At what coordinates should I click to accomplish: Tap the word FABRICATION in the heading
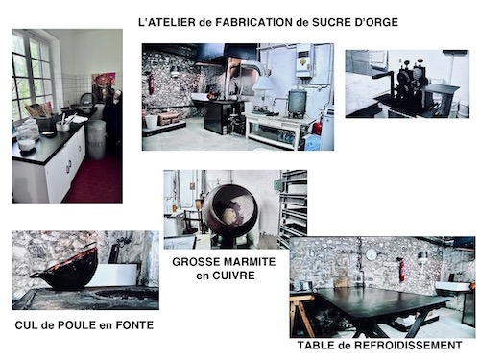(x=253, y=22)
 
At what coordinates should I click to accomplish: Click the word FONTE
(x=134, y=325)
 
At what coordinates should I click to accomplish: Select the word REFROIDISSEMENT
(x=408, y=346)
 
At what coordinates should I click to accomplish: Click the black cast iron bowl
(x=66, y=270)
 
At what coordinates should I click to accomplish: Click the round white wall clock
(x=372, y=255)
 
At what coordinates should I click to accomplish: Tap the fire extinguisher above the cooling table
(x=401, y=269)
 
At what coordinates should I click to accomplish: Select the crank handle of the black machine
(x=384, y=76)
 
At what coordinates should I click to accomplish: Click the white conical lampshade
(x=264, y=84)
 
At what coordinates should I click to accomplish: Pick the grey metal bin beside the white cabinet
(x=96, y=140)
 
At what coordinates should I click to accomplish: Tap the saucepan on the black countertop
(x=64, y=125)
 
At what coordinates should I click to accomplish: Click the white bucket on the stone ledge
(x=152, y=122)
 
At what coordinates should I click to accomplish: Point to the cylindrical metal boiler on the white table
(x=298, y=103)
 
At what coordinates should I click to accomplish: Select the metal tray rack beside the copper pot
(x=294, y=209)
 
